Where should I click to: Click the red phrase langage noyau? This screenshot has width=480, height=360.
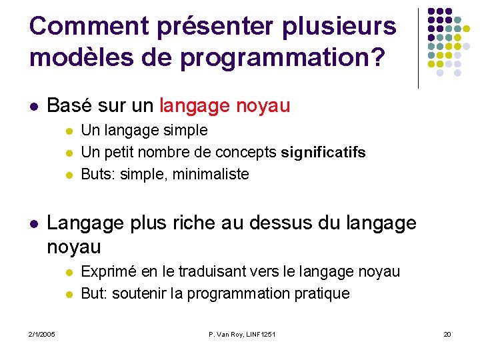225,106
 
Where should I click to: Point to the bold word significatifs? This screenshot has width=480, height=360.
323,153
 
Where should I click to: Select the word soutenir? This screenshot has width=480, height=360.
136,294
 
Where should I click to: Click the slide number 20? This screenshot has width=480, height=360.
447,334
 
